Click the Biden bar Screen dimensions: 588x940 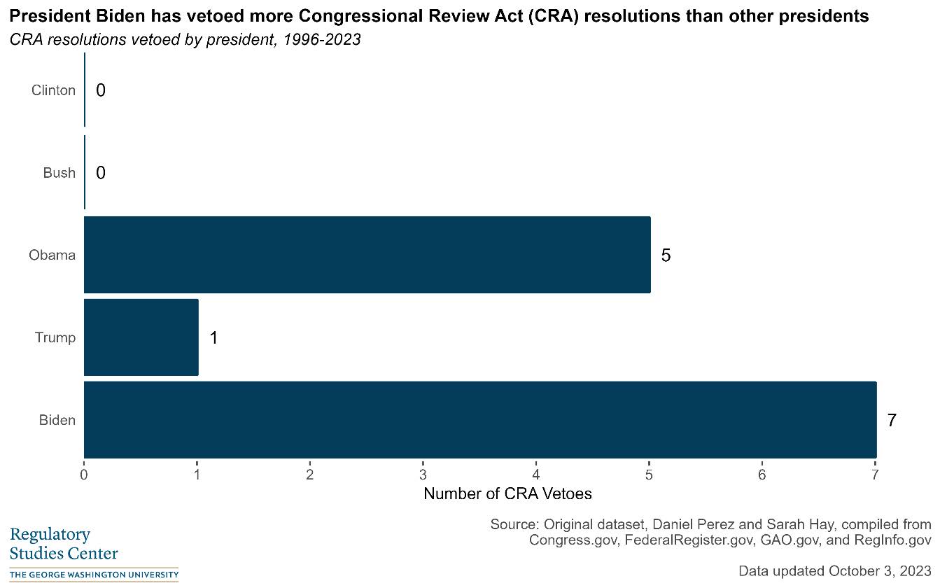coord(479,420)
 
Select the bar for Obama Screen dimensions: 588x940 coord(367,255)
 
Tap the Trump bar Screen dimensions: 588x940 coord(141,337)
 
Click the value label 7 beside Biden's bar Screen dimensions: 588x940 coord(891,421)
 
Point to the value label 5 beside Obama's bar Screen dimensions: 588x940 coord(666,255)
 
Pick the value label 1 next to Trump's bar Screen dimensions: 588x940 coord(213,338)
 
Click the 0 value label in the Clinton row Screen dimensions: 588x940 coord(101,90)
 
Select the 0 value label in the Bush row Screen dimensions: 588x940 coord(101,173)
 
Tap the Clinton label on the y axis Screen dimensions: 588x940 coord(53,90)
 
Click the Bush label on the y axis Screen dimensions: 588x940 coord(59,173)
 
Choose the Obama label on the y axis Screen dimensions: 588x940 coord(52,255)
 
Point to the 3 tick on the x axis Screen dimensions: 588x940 coord(423,475)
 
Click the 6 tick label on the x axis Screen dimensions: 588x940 coord(762,475)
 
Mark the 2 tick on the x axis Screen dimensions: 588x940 coord(309,475)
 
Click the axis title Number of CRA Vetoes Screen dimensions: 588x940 coord(507,494)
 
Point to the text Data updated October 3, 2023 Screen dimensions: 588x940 coord(834,570)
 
